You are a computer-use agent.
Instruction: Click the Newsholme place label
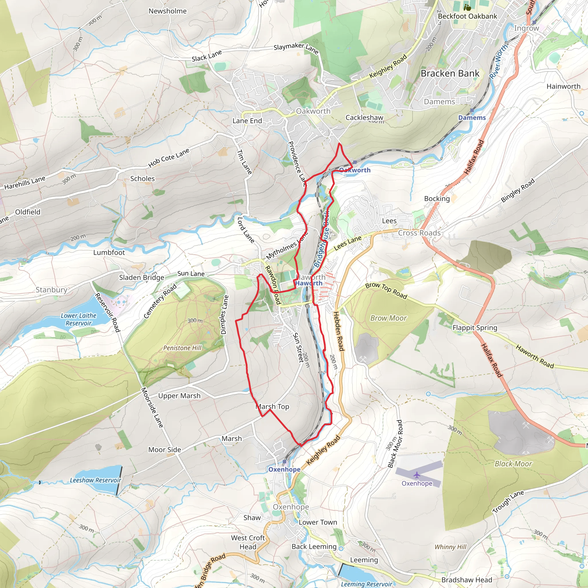pyautogui.click(x=167, y=11)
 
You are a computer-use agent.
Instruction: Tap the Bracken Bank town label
pyautogui.click(x=450, y=74)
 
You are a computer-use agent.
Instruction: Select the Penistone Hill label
pyautogui.click(x=182, y=348)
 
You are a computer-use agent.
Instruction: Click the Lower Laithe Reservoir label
pyautogui.click(x=78, y=319)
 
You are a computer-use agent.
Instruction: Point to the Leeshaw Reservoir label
pyautogui.click(x=95, y=480)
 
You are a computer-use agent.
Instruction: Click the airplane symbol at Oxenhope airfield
pyautogui.click(x=417, y=475)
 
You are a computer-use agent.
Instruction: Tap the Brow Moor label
pyautogui.click(x=388, y=318)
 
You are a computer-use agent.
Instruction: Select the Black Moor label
pyautogui.click(x=513, y=464)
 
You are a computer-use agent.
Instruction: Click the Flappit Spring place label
pyautogui.click(x=475, y=328)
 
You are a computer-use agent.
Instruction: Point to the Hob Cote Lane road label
pyautogui.click(x=169, y=158)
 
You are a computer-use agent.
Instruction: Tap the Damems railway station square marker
pyautogui.click(x=472, y=111)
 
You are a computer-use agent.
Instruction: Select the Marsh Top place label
pyautogui.click(x=272, y=407)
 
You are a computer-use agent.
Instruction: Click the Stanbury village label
pyautogui.click(x=51, y=290)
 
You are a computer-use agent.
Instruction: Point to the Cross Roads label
pyautogui.click(x=419, y=233)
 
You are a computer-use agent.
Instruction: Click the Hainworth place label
pyautogui.click(x=563, y=86)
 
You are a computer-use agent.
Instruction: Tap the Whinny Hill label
pyautogui.click(x=450, y=547)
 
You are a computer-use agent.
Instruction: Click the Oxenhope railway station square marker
pyautogui.click(x=284, y=462)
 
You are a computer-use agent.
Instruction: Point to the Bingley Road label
pyautogui.click(x=518, y=191)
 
